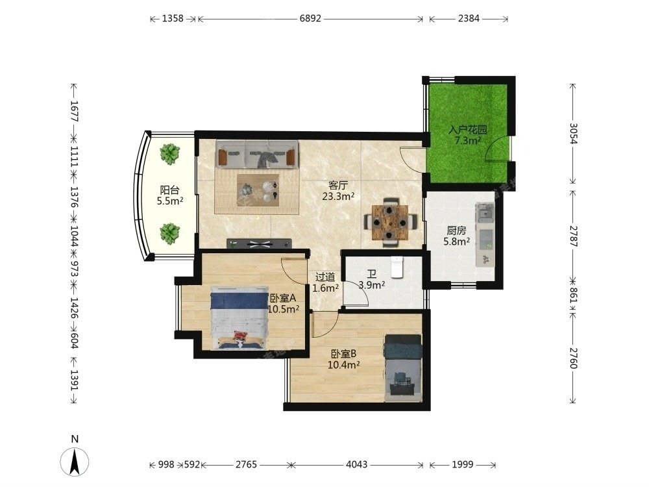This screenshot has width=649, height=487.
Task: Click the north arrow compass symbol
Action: [75, 461]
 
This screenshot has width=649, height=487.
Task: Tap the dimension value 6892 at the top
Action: [310, 19]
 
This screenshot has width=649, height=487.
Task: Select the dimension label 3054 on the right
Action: [573, 133]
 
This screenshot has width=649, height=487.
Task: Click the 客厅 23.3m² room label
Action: [338, 191]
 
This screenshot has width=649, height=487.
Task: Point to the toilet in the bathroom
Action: [397, 267]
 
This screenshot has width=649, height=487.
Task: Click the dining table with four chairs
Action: [389, 222]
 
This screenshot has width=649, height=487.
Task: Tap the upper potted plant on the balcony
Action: [169, 154]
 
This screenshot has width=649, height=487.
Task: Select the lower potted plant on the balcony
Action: [169, 234]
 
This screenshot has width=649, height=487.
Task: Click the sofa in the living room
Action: [257, 154]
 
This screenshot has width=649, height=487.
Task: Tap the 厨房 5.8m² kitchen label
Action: [456, 236]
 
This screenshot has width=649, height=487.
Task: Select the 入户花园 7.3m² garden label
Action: [468, 135]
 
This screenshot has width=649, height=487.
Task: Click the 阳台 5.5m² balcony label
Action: [169, 195]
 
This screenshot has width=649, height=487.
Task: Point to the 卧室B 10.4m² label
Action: [343, 359]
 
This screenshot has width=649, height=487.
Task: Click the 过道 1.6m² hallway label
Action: [325, 282]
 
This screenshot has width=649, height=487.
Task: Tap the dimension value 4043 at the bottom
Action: [356, 465]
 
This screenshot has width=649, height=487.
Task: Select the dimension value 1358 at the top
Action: [173, 19]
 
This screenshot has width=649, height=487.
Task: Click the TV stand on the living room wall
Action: [260, 243]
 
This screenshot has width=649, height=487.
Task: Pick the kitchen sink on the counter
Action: [485, 212]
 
